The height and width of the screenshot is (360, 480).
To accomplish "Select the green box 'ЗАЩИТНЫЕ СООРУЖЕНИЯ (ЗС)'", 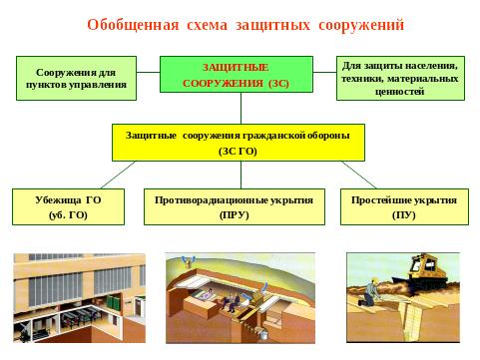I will pyautogui.click(x=236, y=76).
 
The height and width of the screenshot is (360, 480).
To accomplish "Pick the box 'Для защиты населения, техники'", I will pyautogui.click(x=400, y=78).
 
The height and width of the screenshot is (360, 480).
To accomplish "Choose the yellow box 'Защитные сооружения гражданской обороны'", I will pyautogui.click(x=238, y=142).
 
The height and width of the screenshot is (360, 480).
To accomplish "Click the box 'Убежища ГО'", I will pyautogui.click(x=68, y=206).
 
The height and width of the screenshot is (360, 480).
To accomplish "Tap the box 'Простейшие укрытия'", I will pyautogui.click(x=404, y=206).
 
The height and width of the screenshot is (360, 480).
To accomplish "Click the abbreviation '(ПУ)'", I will pyautogui.click(x=404, y=214).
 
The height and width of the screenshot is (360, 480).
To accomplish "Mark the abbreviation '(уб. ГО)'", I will pyautogui.click(x=68, y=214).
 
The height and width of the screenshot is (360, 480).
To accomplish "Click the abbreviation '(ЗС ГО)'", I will pyautogui.click(x=238, y=151).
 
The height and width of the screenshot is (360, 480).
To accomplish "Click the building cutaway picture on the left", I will pyautogui.click(x=79, y=298).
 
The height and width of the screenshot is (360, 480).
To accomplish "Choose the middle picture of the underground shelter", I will pyautogui.click(x=240, y=298).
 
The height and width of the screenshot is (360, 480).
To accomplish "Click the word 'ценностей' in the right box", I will pyautogui.click(x=400, y=91).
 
